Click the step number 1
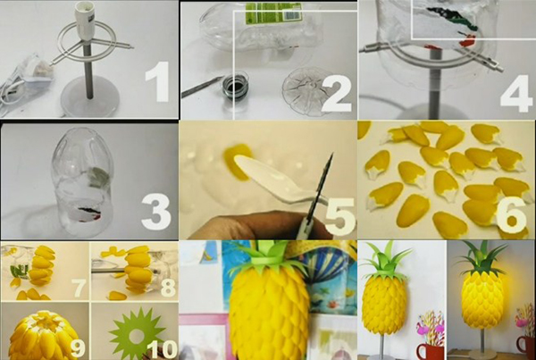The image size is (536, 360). pyautogui.click(x=157, y=81)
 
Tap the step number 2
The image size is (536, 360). pyautogui.click(x=337, y=93)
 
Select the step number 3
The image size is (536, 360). pyautogui.click(x=156, y=212)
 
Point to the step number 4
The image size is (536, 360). pyautogui.click(x=516, y=93)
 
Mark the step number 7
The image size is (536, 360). pyautogui.click(x=79, y=288)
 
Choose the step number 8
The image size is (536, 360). pyautogui.click(x=168, y=288)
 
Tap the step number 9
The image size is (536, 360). pyautogui.click(x=78, y=348)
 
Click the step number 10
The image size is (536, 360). pyautogui.click(x=162, y=349)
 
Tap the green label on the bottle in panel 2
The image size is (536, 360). pyautogui.click(x=273, y=13)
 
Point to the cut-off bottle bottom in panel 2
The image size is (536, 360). pyautogui.click(x=307, y=89)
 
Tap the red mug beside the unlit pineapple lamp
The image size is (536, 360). pyautogui.click(x=430, y=351)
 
